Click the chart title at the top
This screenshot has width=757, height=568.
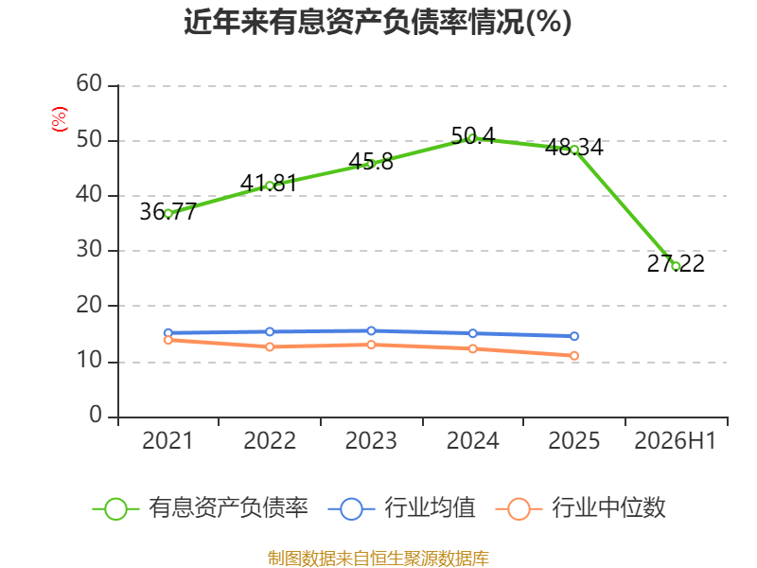coord(378,22)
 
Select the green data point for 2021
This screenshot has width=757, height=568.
coord(168,214)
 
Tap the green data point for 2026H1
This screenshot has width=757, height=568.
coord(676,266)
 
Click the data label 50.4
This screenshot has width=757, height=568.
coord(473,135)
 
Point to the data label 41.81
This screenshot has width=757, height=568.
coord(269,183)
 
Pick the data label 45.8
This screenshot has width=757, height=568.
coord(371,162)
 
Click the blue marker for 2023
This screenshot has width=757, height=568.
coord(371,330)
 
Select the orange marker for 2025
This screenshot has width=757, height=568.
coord(574,356)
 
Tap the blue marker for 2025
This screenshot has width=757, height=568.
coord(574,336)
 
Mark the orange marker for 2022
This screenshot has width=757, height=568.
coord(270,346)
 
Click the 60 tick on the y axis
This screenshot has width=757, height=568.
coord(89,84)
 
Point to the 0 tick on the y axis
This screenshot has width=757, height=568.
coord(96,415)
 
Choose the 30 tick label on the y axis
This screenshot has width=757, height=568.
coord(89,250)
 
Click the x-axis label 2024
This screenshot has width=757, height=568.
coord(472,440)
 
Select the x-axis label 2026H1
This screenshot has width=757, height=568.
coord(675,440)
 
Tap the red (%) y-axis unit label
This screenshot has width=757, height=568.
coord(60,119)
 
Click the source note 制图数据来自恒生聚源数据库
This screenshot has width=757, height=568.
coord(378,559)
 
